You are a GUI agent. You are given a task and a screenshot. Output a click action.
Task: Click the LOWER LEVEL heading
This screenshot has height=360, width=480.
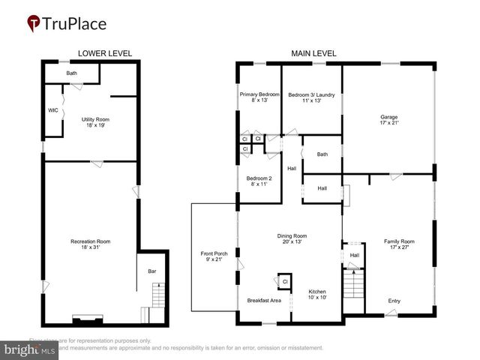(105, 53)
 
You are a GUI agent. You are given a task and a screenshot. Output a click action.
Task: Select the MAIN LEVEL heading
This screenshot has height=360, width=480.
(313, 53)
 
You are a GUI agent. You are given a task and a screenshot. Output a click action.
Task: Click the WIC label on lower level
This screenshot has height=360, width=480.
(53, 110)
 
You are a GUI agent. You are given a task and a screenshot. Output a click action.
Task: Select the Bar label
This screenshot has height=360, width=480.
(151, 271)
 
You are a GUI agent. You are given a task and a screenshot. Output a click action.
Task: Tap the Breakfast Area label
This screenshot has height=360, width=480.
(264, 301)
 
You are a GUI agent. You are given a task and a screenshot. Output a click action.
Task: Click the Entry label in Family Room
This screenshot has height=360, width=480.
(394, 301)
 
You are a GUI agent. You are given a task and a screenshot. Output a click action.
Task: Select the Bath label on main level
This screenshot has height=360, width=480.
(322, 154)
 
